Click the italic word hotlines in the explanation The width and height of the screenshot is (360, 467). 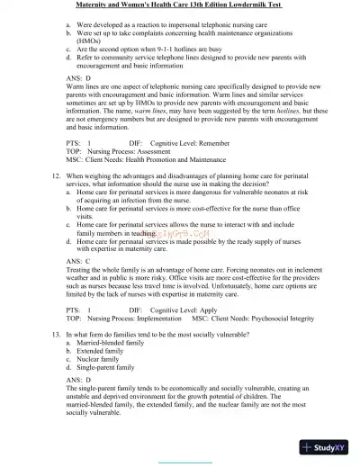tap(266, 119)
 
